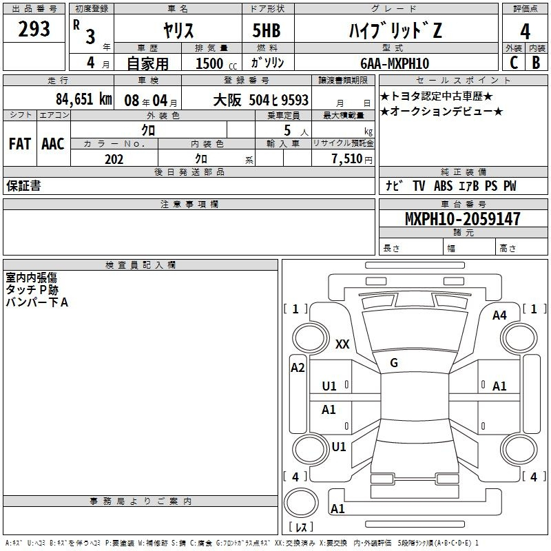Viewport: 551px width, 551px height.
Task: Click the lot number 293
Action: [x=34, y=29]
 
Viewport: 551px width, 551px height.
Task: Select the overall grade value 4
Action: [x=525, y=32]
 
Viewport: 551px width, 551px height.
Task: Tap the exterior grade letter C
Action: [x=514, y=63]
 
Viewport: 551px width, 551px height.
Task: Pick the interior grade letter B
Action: [x=536, y=63]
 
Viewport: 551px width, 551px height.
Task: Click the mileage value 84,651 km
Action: [x=84, y=99]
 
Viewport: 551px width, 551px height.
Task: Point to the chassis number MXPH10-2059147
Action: [x=462, y=218]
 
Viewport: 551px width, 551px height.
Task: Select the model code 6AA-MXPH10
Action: [x=395, y=63]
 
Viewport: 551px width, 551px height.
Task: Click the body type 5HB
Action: [x=267, y=30]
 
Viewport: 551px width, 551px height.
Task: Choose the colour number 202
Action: [x=114, y=159]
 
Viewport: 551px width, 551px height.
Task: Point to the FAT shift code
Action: [x=20, y=144]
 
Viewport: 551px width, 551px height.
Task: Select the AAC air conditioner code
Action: [x=53, y=144]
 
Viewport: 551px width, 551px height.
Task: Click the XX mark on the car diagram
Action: [x=342, y=344]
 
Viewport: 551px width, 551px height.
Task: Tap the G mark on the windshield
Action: [x=394, y=363]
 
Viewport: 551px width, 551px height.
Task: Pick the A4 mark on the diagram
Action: [x=499, y=315]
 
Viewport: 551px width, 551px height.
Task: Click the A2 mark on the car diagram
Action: [x=298, y=368]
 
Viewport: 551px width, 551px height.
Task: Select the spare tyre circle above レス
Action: [x=301, y=503]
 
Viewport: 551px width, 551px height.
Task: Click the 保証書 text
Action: [x=23, y=186]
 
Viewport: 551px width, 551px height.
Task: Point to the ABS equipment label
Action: [x=443, y=186]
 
